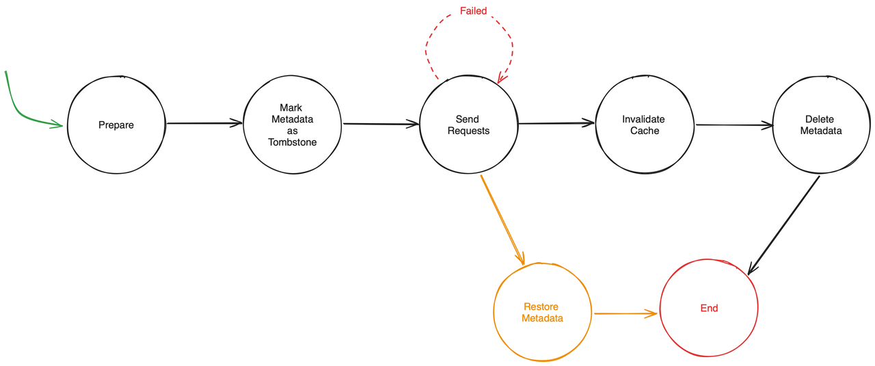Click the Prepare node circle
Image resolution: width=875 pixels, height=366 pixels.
click(116, 125)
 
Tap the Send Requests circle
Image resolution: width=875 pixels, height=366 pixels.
click(468, 125)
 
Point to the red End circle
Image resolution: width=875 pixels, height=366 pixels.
click(709, 308)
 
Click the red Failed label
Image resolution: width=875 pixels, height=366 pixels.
click(472, 11)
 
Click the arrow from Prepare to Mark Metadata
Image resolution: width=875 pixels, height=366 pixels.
click(204, 123)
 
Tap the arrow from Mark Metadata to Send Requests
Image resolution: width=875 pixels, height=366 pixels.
click(380, 124)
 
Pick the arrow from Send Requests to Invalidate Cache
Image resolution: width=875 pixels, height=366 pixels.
click(556, 123)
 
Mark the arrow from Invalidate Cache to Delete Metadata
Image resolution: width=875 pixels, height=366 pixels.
click(733, 125)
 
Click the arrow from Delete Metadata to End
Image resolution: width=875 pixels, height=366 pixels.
click(784, 225)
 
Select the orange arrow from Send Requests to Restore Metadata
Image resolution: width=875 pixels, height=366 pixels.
click(502, 220)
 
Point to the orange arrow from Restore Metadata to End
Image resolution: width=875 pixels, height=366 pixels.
click(625, 313)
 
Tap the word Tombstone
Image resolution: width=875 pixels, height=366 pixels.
click(293, 142)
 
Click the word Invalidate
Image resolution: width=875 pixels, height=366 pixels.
click(643, 119)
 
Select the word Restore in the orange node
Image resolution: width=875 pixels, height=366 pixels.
click(541, 306)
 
